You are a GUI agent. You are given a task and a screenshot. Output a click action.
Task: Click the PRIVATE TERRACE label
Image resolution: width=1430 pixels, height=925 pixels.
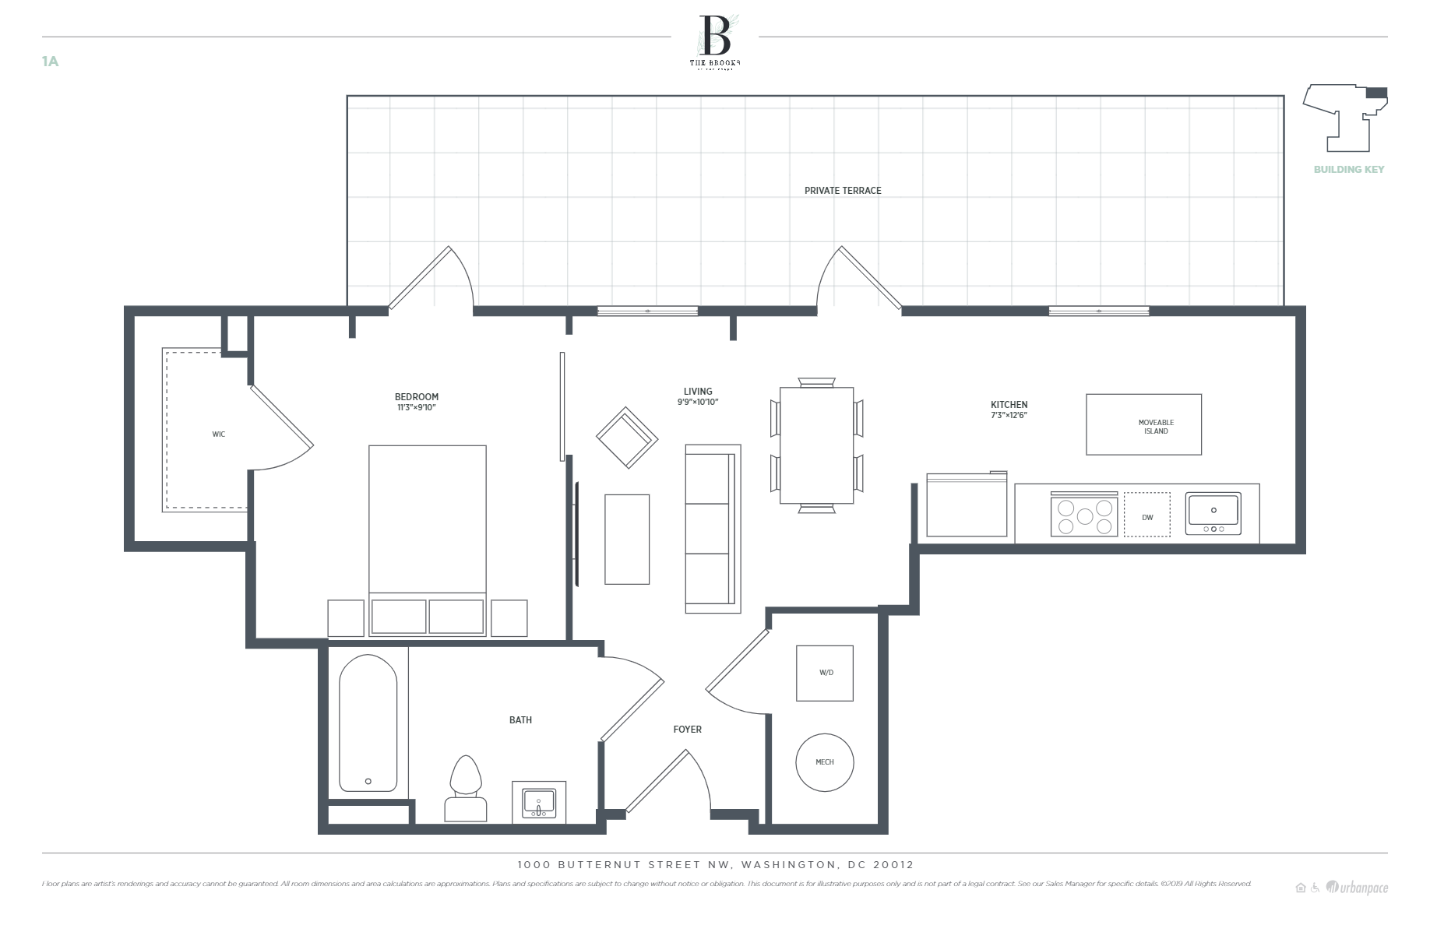pos(843,191)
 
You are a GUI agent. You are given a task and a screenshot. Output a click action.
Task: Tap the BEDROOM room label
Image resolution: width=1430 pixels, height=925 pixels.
pos(416,397)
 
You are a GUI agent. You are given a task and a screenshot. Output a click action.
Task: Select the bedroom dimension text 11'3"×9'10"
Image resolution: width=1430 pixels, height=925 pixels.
pos(416,408)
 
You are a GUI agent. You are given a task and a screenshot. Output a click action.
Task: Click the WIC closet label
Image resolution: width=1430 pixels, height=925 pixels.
pos(219,434)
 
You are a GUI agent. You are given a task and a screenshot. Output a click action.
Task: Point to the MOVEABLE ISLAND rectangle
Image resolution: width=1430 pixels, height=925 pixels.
pos(1143,425)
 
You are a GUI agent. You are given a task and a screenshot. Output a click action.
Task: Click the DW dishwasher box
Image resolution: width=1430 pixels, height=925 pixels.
pos(1146,515)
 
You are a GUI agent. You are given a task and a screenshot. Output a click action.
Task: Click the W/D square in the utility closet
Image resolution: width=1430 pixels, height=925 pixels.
pos(825,674)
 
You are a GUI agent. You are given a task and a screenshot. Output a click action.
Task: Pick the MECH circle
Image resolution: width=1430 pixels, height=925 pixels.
pos(825,762)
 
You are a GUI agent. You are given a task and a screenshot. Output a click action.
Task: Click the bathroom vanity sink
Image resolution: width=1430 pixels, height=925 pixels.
pos(538,802)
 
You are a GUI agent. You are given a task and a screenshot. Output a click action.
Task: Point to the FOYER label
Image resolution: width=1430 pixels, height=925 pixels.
pos(687,730)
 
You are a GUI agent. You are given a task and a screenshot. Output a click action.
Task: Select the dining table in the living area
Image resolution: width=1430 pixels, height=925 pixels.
pos(816,445)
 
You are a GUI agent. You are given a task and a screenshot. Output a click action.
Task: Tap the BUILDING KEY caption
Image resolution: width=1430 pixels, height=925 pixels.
pos(1348,170)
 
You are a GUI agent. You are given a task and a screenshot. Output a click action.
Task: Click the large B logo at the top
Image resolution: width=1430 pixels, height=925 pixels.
pos(715,35)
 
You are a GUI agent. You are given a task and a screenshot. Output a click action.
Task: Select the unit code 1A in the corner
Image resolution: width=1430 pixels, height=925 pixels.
pos(50,62)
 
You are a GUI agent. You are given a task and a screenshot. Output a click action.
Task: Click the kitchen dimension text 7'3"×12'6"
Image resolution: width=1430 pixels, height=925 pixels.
pos(1009,416)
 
